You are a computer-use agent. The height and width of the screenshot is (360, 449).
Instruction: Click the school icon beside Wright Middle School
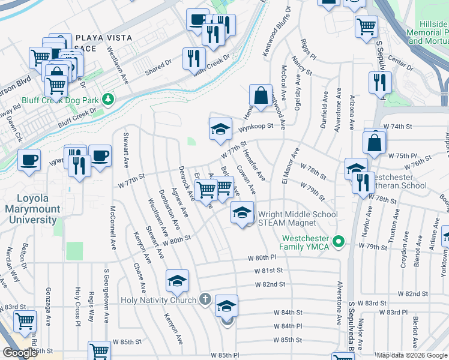click(242, 212)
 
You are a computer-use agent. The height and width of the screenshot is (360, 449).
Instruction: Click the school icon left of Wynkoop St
click(220, 128)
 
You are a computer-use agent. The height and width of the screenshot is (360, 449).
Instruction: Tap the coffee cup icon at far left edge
click(29, 160)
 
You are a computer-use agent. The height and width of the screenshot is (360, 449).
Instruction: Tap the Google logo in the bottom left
click(19, 353)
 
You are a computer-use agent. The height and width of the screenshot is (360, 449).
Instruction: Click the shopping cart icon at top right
click(366, 26)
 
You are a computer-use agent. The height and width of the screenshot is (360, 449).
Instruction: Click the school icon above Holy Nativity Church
click(177, 280)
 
